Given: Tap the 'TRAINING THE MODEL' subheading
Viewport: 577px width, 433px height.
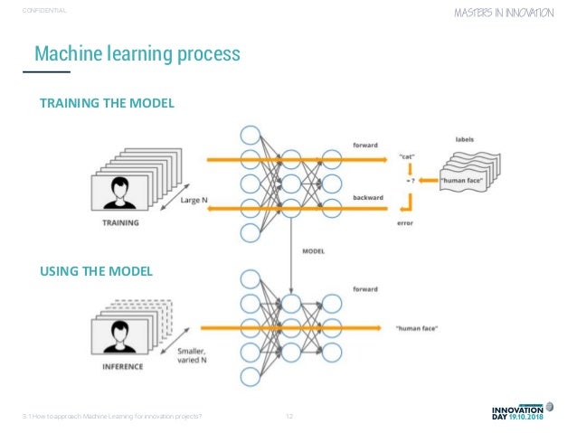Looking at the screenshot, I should pyautogui.click(x=106, y=104).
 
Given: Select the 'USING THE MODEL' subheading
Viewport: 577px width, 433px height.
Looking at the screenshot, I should pyautogui.click(x=96, y=270).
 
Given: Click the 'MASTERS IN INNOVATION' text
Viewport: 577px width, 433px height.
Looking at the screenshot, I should pyautogui.click(x=509, y=14).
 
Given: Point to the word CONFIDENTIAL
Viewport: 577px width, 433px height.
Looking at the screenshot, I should pyautogui.click(x=45, y=11).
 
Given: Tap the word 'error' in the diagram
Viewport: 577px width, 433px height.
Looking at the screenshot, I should pyautogui.click(x=405, y=224).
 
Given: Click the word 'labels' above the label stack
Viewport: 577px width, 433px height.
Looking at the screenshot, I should pyautogui.click(x=465, y=139).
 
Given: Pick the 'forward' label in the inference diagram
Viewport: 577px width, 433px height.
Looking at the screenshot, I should pyautogui.click(x=366, y=290).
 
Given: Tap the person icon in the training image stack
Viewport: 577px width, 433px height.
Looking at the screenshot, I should pyautogui.click(x=117, y=192).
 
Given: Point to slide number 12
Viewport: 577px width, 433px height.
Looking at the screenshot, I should pyautogui.click(x=289, y=416).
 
